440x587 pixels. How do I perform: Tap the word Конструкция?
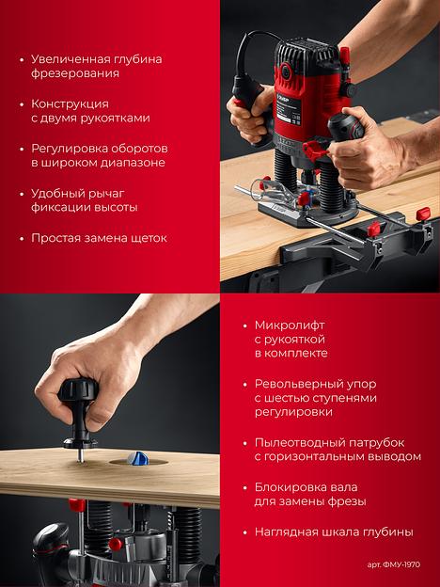pos(70,103)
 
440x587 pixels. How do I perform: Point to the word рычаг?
pos(106,194)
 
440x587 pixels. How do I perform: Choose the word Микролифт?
pos(290,325)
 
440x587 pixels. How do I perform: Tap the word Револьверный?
pos(300,384)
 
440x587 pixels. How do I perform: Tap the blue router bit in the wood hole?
pos(137,459)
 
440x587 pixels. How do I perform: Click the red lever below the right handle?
pos(315,149)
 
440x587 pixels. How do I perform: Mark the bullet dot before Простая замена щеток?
pos(22,239)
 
